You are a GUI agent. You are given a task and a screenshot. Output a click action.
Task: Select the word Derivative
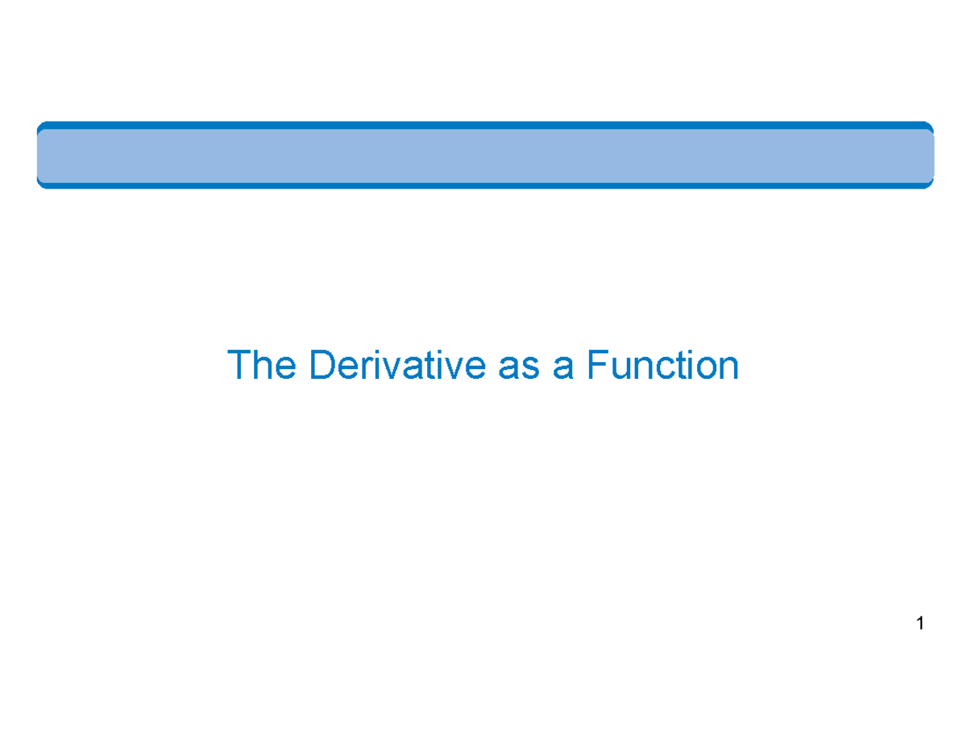[395, 365]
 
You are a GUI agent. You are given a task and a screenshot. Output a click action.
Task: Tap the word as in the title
[510, 367]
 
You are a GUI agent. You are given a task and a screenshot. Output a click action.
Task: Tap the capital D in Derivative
[321, 365]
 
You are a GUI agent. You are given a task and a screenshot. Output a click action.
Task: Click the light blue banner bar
[483, 155]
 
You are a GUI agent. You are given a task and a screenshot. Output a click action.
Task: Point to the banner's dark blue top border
[483, 125]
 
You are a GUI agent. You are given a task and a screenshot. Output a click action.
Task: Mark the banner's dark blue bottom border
[483, 185]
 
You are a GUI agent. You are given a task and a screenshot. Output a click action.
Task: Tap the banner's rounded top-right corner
[928, 127]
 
